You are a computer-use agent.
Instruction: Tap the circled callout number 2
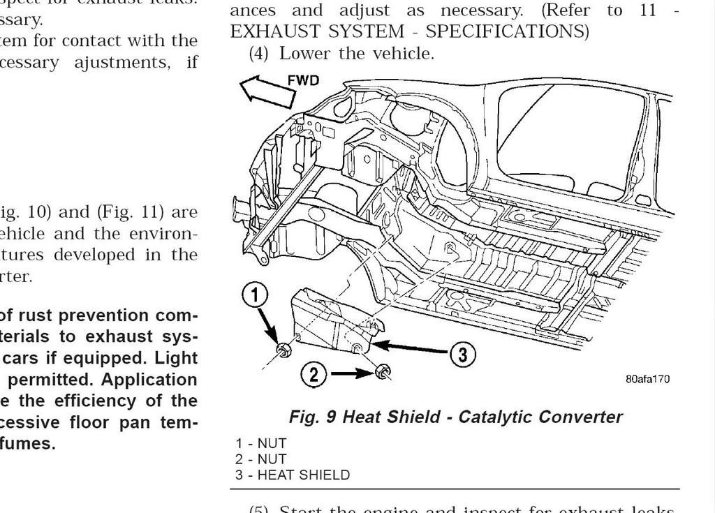click(314, 375)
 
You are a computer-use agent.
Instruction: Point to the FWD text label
click(304, 80)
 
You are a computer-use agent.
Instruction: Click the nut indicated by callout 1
click(283, 348)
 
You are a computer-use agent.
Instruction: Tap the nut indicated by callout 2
click(383, 371)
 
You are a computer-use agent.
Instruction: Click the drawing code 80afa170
click(647, 380)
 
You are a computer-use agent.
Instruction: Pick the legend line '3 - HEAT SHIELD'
click(293, 475)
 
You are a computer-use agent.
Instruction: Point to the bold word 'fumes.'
click(29, 444)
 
